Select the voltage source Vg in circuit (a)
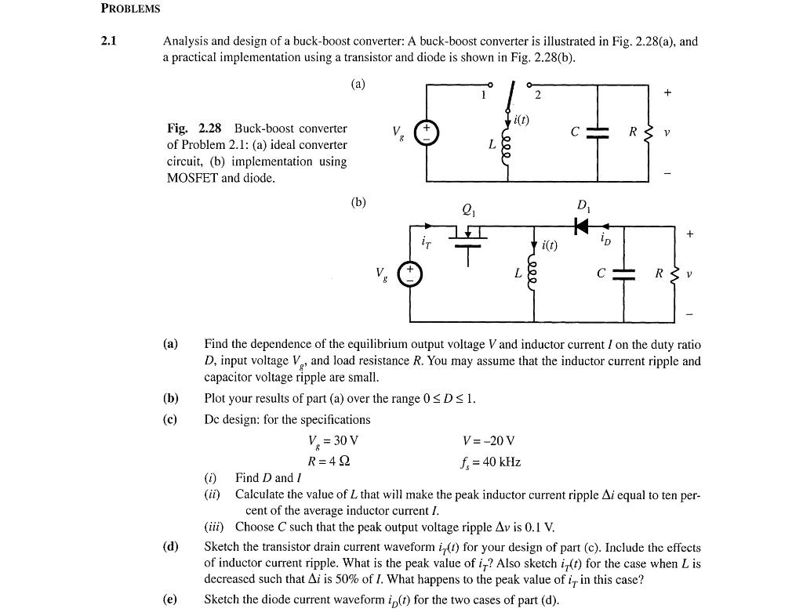pos(427,133)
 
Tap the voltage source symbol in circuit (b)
pos(410,273)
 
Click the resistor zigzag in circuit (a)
pos(649,133)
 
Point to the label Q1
pos(469,209)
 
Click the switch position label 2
pos(537,96)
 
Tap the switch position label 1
pos(484,96)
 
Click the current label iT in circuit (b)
pos(426,244)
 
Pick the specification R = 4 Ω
pos(329,461)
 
